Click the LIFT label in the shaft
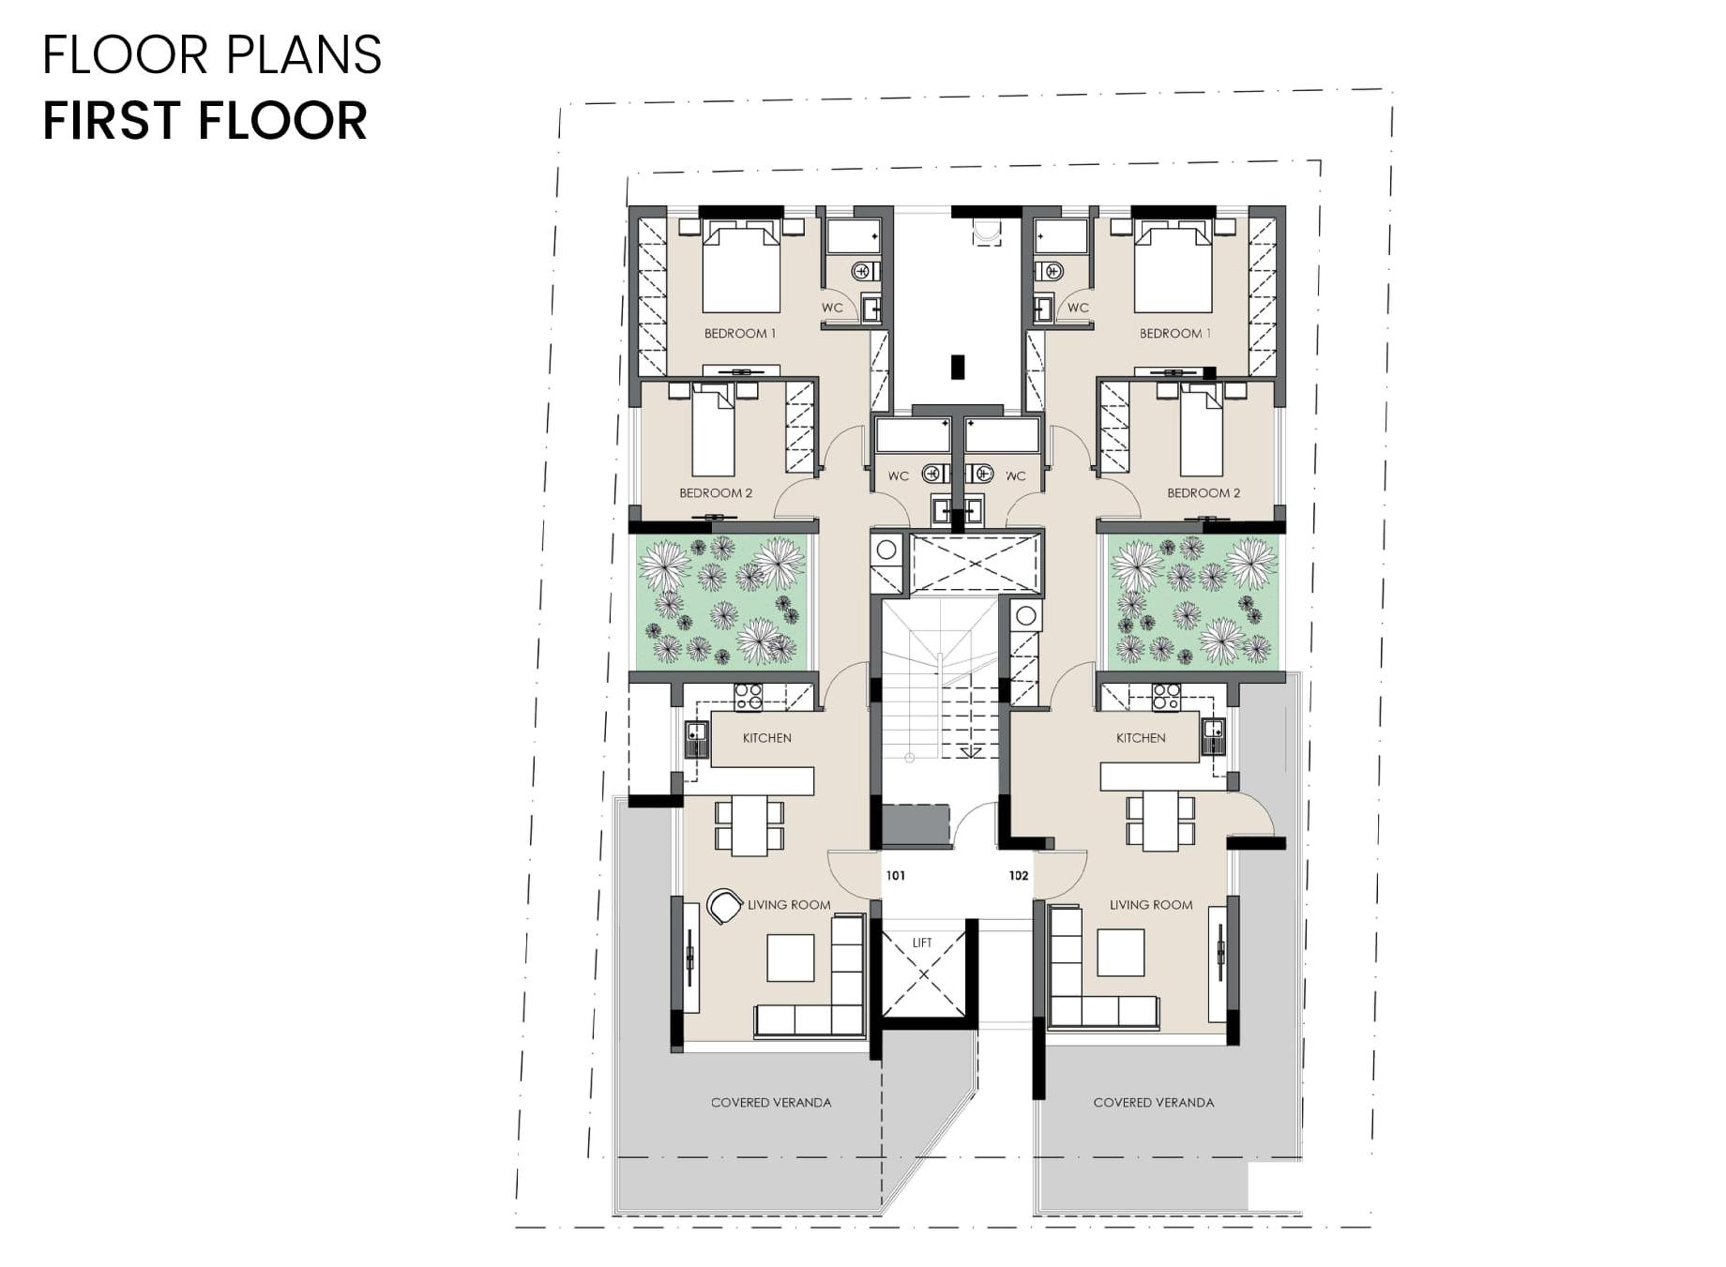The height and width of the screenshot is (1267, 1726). coord(922,943)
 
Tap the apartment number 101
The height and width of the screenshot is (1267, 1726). coord(896,875)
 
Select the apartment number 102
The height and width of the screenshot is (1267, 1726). coord(1019,875)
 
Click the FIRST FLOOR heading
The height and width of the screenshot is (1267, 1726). coord(205,120)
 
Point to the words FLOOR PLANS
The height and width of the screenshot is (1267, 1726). coord(212,54)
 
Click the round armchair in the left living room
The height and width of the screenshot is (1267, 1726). coord(724,906)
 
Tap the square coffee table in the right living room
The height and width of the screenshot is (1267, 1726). coord(1121,953)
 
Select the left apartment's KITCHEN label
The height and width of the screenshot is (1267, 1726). coord(767,738)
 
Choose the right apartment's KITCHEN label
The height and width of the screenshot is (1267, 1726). coord(1141,738)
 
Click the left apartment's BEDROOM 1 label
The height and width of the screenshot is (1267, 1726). coord(740,334)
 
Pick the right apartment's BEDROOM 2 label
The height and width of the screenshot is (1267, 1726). coord(1204,493)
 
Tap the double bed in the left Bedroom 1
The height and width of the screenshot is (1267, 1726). coord(741,266)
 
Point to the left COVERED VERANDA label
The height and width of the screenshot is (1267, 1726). coord(771,1103)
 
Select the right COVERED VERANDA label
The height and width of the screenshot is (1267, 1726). coord(1154,1103)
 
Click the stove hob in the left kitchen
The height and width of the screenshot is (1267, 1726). coord(749,697)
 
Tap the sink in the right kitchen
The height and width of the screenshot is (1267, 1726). coord(1214,736)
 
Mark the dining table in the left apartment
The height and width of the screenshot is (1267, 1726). coord(749,825)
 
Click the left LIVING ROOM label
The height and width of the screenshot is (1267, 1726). coord(789,905)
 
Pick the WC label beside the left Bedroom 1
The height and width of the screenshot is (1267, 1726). coord(832,308)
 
